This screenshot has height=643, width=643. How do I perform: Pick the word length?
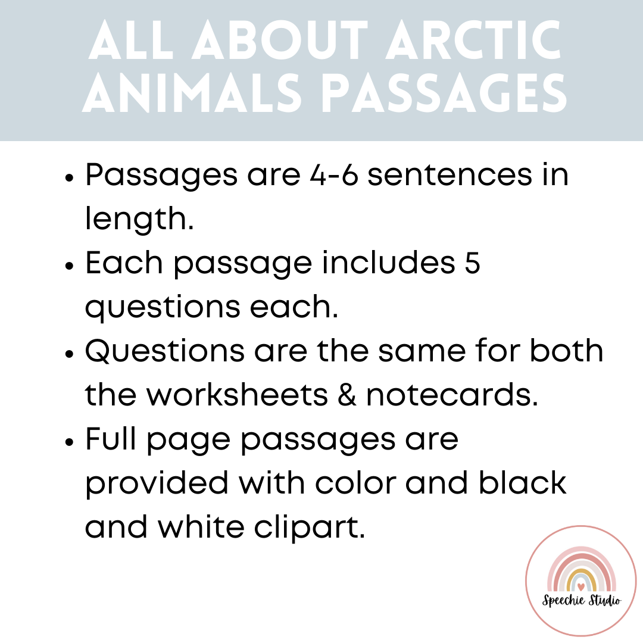coord(139,220)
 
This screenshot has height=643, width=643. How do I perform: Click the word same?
coord(411,352)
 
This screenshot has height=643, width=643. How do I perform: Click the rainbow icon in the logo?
coord(582,570)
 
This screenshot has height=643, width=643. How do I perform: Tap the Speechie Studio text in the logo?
coord(582,600)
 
